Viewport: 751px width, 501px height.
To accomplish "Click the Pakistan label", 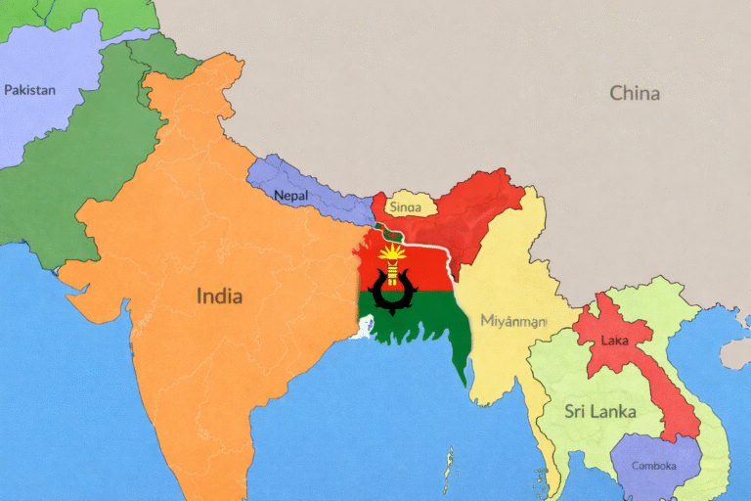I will [x=29, y=90].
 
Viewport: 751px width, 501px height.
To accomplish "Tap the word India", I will [x=219, y=296].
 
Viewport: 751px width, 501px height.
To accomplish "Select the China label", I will [x=635, y=94].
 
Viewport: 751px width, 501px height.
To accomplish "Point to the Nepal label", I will [x=290, y=196].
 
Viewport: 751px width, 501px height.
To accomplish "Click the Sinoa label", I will [x=406, y=207].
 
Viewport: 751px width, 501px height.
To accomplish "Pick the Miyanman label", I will [x=513, y=321].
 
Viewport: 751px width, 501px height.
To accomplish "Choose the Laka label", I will [x=614, y=341].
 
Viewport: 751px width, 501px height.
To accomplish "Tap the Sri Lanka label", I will [x=599, y=411].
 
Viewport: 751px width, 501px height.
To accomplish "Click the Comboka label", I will [x=653, y=466].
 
